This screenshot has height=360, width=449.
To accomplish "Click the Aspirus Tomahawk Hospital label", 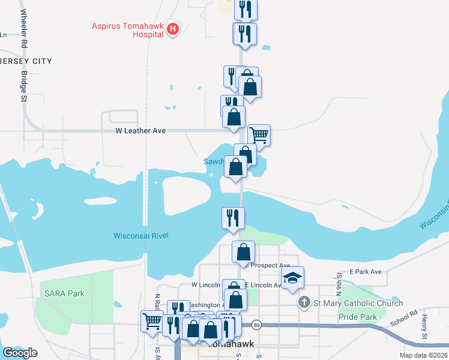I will [x=127, y=30].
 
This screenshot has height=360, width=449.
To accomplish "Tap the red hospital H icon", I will [x=173, y=28].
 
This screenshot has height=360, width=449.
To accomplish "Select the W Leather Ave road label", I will [x=141, y=130].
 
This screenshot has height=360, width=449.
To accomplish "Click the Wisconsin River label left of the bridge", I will [x=141, y=235].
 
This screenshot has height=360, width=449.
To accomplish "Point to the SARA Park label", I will [x=64, y=293].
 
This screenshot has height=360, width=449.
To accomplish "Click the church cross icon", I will [x=304, y=303].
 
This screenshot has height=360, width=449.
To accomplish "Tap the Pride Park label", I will [x=357, y=316].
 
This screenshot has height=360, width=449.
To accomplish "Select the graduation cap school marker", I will [x=293, y=278].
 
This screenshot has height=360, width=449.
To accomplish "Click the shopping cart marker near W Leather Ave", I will [x=259, y=135].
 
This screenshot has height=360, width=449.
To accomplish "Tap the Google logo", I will [x=20, y=353].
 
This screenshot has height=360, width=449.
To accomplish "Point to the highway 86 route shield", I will [x=256, y=325].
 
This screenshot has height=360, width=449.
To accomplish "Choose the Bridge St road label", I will [x=25, y=86].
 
